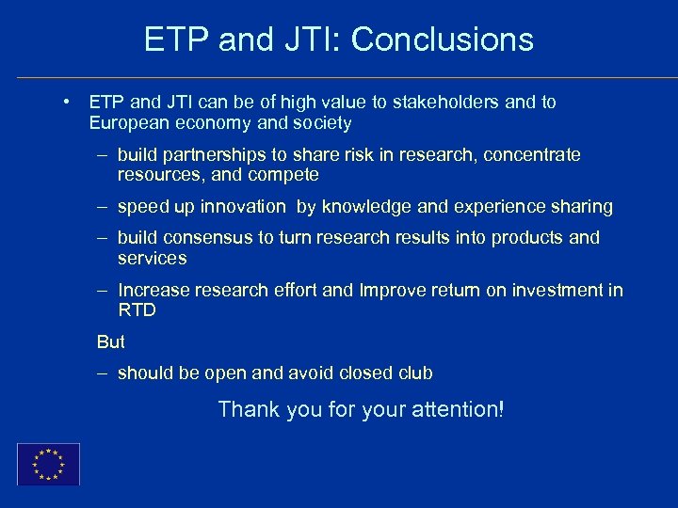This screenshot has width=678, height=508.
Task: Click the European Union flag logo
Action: coord(48,464)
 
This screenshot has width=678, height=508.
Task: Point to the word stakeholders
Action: coord(449,102)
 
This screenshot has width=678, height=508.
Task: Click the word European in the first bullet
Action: coord(127,123)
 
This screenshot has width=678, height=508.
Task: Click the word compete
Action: coord(287,175)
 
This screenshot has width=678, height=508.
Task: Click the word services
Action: coord(152,258)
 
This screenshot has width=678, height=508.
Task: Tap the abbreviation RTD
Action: coord(137,310)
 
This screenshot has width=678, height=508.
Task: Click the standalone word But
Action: coord(110,341)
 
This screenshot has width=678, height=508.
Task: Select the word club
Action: coord(415,373)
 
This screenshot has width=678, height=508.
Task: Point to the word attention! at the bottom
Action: coord(457,409)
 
